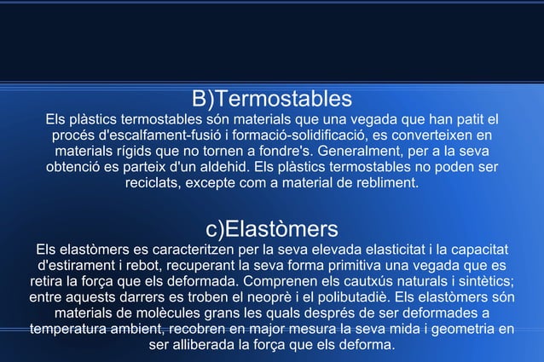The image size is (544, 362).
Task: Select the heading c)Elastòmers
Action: (272, 229)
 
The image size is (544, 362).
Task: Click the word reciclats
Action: (156, 183)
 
